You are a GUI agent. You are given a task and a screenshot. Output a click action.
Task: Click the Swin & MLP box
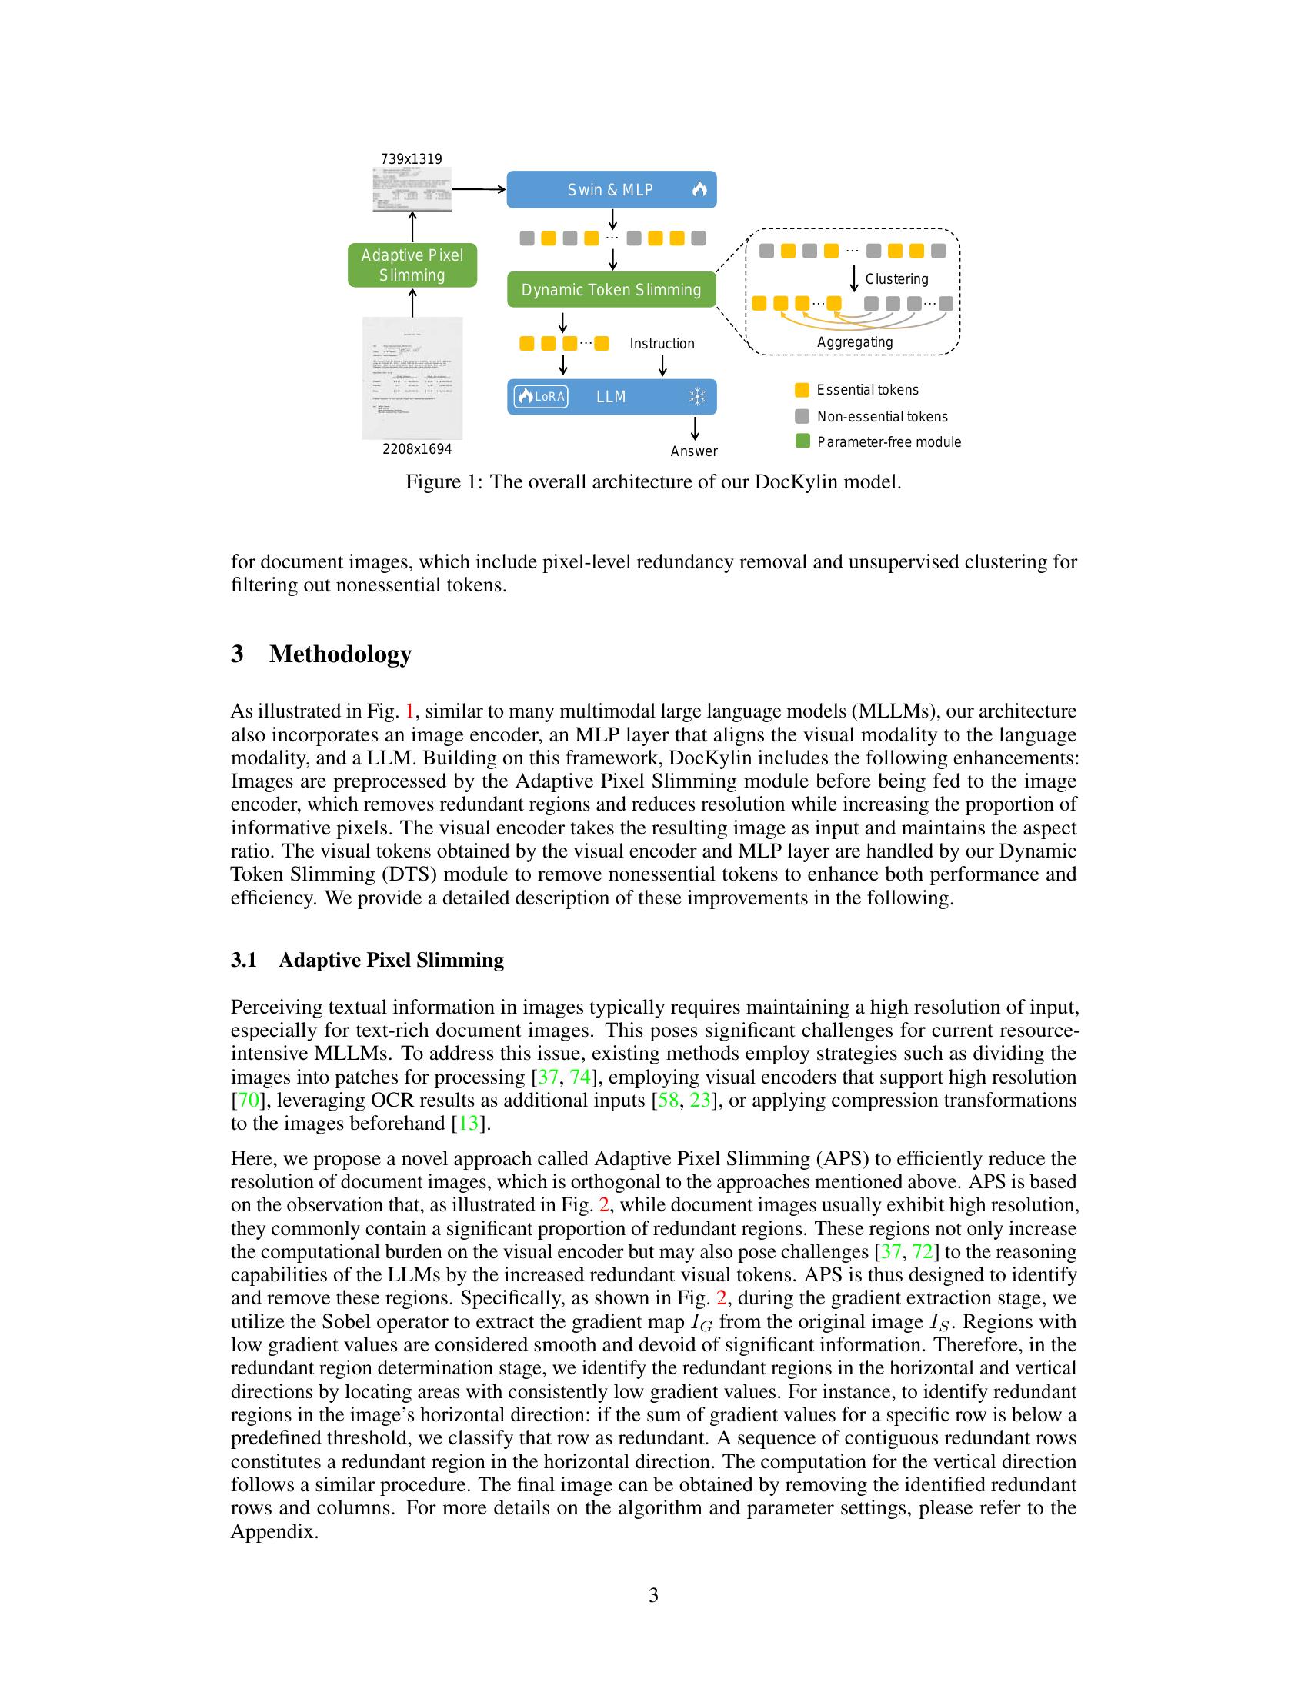(x=611, y=190)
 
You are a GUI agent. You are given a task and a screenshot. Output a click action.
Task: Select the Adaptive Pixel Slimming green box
(x=412, y=265)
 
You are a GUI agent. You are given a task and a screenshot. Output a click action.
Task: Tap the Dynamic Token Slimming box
(x=611, y=290)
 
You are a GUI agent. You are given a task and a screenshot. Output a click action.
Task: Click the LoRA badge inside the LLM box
(x=541, y=397)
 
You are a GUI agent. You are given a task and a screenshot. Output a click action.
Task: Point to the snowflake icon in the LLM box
(x=696, y=398)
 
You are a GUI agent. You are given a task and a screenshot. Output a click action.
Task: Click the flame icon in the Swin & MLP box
(x=699, y=189)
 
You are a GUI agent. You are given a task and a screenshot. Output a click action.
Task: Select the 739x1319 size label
(x=411, y=159)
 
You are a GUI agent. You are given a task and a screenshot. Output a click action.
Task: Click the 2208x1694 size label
(x=417, y=449)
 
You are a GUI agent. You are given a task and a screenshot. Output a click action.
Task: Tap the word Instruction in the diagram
(x=662, y=343)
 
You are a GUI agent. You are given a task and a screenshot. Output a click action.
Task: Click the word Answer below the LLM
(x=693, y=451)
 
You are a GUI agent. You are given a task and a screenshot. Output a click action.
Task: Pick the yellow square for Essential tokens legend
(x=802, y=390)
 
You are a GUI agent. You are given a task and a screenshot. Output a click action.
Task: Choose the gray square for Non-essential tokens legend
(x=802, y=416)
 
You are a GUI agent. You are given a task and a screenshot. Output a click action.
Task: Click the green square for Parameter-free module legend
(x=802, y=441)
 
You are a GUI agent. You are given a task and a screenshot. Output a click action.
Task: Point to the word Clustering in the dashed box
(x=896, y=279)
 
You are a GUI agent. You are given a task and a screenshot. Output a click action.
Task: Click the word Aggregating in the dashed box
(x=855, y=341)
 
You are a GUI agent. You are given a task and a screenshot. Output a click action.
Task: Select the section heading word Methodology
(x=340, y=654)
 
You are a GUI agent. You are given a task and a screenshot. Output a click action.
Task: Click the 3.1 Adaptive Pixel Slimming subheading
(x=367, y=960)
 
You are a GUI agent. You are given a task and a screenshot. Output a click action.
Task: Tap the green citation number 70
(x=247, y=1100)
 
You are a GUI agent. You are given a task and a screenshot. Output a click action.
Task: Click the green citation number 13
(x=469, y=1124)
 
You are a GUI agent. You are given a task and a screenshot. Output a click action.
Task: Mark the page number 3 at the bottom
(x=653, y=1595)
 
